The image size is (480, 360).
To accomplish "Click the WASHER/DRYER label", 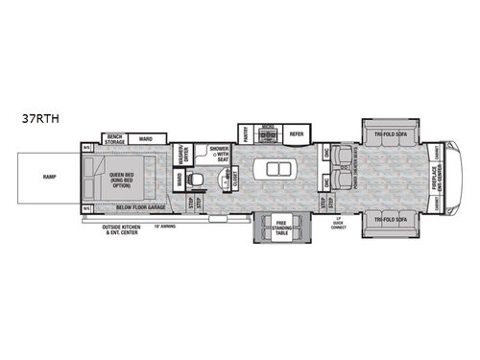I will (180, 154).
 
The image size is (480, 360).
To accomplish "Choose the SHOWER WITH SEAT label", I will (221, 155).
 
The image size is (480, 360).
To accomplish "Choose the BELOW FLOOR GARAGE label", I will (139, 206).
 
